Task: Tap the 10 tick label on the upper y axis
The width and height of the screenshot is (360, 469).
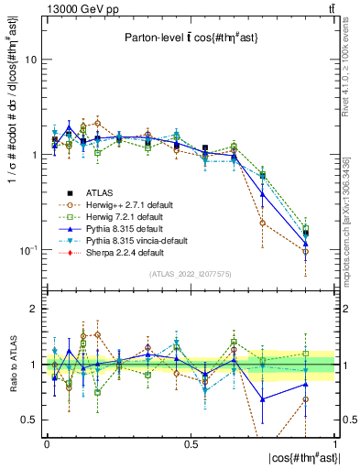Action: click(x=29, y=60)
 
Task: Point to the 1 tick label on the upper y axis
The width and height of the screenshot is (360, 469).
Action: click(x=33, y=155)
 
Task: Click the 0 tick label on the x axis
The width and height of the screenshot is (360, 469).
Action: click(x=46, y=442)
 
